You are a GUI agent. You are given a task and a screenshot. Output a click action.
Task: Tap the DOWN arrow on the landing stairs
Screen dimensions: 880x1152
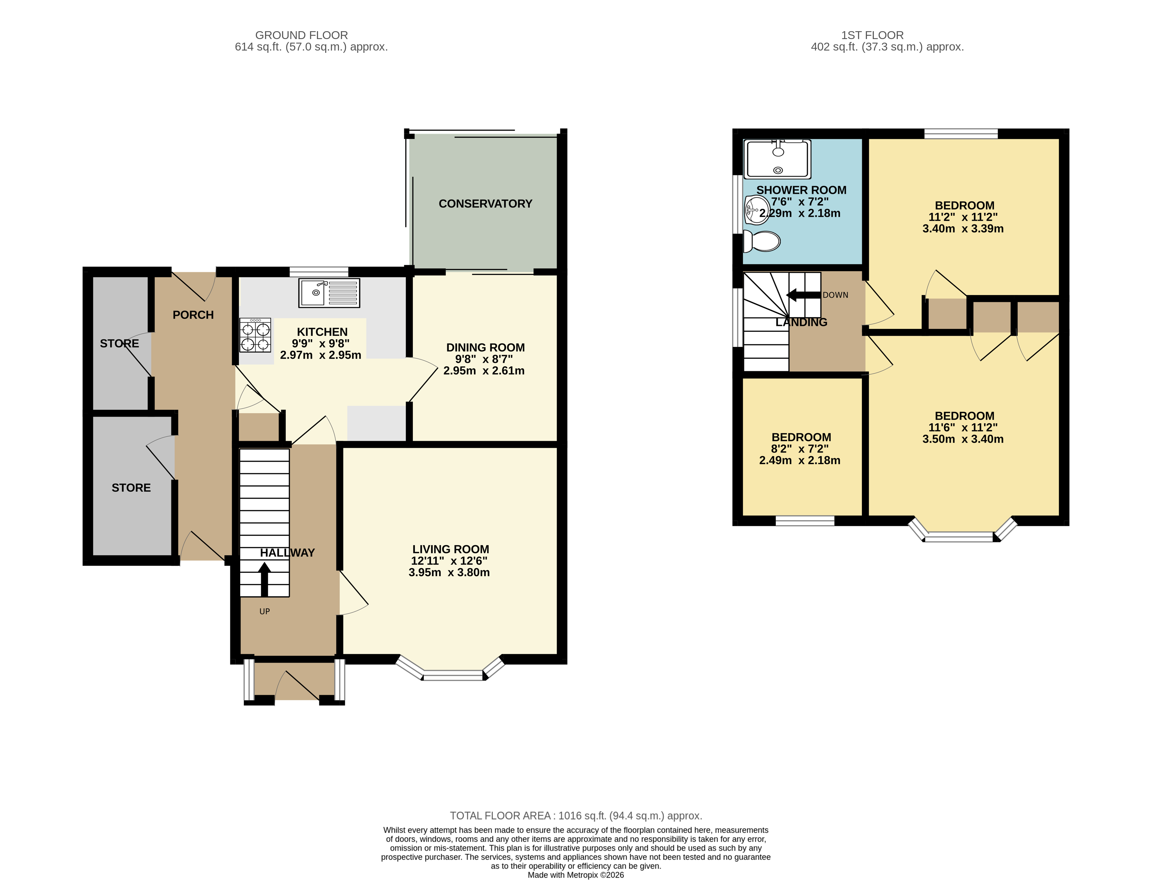tap(802, 295)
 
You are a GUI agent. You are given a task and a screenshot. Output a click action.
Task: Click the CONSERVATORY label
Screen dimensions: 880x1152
tap(485, 204)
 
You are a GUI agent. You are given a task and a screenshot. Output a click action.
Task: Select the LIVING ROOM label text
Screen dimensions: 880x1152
tap(450, 549)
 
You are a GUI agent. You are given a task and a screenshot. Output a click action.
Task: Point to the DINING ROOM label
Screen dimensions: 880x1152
tap(485, 347)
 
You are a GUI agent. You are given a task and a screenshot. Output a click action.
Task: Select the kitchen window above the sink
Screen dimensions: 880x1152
tap(319, 271)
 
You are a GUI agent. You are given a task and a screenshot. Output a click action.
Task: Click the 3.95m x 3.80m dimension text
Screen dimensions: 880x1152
tap(449, 572)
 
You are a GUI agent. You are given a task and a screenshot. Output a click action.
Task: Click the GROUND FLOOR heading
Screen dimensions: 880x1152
tap(301, 35)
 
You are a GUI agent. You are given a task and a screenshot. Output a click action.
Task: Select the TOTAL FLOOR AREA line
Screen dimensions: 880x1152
tap(576, 816)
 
